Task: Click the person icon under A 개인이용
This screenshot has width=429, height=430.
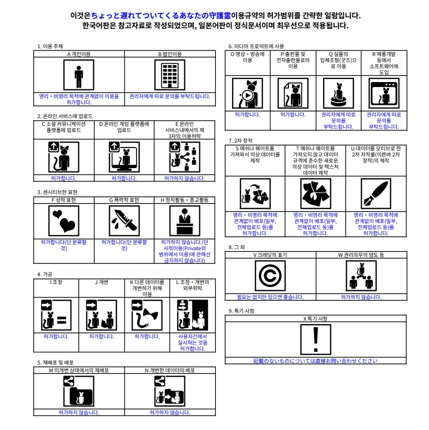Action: click(79, 75)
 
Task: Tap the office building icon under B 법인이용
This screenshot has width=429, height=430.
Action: click(170, 75)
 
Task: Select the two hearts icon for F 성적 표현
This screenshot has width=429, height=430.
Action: click(64, 221)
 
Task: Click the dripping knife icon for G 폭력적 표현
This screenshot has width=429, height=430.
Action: click(124, 221)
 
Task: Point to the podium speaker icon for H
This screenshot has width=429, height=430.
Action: click(185, 221)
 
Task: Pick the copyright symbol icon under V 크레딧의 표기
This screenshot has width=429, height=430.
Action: click(270, 276)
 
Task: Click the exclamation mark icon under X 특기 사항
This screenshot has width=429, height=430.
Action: click(316, 340)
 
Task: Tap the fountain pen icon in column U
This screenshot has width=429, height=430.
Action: click(376, 194)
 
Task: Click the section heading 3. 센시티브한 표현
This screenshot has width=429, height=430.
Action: click(57, 192)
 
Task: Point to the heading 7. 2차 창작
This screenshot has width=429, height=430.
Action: click(240, 141)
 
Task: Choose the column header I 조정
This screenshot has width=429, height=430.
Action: click(56, 282)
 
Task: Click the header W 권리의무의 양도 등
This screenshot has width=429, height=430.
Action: click(361, 255)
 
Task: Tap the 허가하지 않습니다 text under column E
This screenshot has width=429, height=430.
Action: click(185, 178)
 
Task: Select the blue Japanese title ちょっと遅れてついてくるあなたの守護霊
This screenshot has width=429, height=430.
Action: click(161, 16)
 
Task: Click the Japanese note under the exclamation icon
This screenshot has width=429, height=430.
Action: click(315, 361)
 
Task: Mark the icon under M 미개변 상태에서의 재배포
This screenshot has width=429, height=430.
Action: click(79, 391)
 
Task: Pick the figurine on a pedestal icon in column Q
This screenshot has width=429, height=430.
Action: click(339, 93)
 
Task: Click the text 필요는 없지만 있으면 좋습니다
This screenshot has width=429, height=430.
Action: click(270, 297)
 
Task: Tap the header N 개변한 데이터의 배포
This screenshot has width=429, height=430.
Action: click(170, 371)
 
